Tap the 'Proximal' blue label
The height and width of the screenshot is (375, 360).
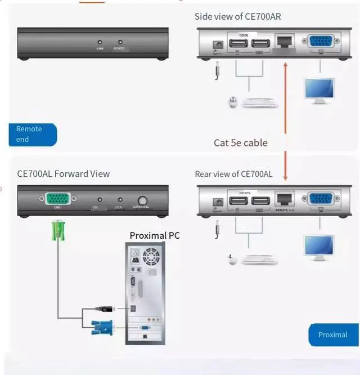click(333, 334)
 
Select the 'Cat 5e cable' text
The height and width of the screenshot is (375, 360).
click(241, 143)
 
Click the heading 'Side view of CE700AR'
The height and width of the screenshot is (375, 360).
click(238, 17)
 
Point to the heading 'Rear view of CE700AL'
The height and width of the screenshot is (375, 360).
click(233, 174)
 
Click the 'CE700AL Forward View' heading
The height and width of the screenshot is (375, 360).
click(64, 174)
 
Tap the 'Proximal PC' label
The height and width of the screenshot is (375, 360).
click(155, 235)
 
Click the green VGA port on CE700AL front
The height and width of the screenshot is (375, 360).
click(57, 199)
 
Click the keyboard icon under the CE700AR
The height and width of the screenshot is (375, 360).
click(260, 103)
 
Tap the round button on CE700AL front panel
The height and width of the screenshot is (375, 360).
click(142, 200)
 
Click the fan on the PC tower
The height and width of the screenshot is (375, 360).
click(151, 257)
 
